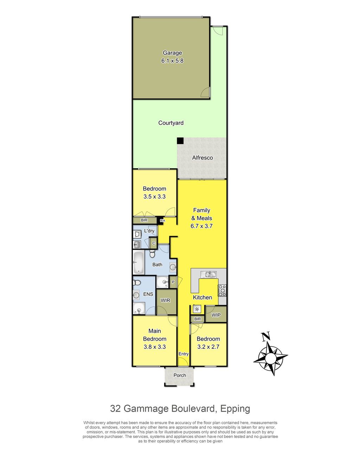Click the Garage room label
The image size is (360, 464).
click(172, 53)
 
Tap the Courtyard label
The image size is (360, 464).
click(171, 123)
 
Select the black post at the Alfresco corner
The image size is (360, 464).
click(180, 140)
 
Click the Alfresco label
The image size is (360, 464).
click(202, 158)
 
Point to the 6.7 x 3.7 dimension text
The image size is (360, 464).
click(201, 226)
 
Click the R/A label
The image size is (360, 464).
click(162, 221)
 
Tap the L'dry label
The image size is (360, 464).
click(149, 231)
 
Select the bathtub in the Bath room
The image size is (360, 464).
click(139, 262)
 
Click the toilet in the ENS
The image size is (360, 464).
click(137, 283)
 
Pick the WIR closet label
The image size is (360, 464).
click(165, 300)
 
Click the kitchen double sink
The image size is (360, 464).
click(208, 274)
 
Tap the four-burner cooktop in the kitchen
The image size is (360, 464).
click(222, 291)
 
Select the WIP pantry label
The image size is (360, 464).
click(216, 315)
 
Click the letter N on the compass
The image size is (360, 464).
click(266, 337)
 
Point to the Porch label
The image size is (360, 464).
click(180, 375)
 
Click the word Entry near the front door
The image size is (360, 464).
click(184, 354)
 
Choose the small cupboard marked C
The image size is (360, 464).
click(153, 243)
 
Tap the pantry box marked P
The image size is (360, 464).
click(173, 282)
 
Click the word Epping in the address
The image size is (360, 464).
click(235, 409)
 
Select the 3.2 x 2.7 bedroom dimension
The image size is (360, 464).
click(208, 347)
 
